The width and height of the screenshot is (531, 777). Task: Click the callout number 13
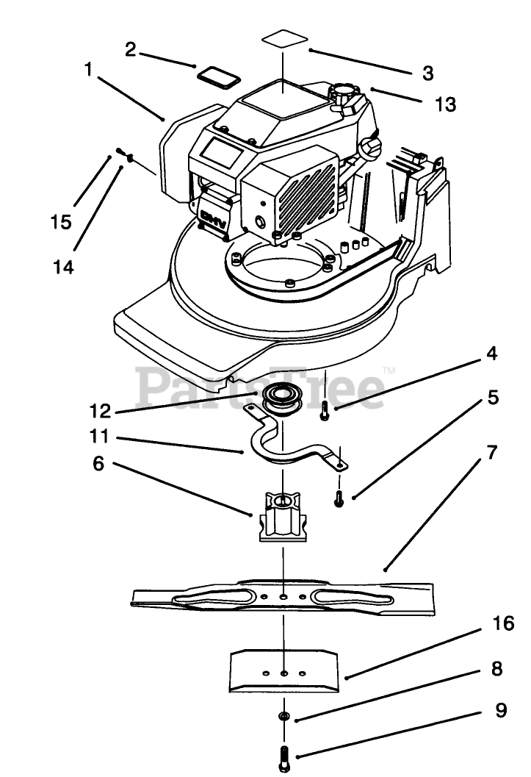(x=445, y=104)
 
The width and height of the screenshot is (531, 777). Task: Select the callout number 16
(x=504, y=623)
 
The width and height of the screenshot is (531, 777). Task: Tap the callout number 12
(x=101, y=411)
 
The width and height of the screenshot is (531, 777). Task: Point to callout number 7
(x=491, y=451)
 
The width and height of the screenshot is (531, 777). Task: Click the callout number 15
(x=61, y=221)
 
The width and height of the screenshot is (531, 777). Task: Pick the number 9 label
(x=501, y=710)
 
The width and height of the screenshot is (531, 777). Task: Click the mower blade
(x=283, y=597)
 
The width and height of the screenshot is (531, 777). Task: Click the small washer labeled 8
(x=284, y=716)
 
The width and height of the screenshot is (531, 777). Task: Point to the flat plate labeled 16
(x=284, y=670)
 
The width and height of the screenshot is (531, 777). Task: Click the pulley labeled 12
(x=283, y=398)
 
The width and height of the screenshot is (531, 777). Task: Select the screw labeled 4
(x=324, y=409)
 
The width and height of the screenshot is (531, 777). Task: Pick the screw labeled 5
(x=339, y=498)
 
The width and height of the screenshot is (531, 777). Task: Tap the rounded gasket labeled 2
(x=219, y=76)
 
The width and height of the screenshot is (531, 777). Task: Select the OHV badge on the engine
(x=213, y=218)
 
